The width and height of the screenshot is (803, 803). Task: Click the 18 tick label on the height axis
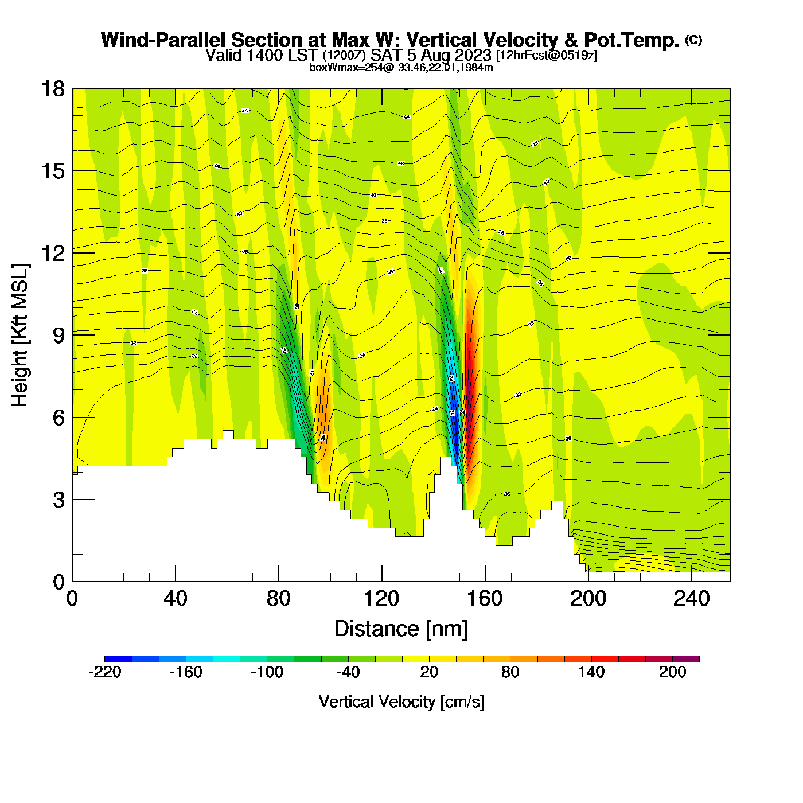(52, 89)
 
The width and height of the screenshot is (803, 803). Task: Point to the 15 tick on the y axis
(52, 171)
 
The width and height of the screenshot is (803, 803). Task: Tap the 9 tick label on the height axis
(59, 336)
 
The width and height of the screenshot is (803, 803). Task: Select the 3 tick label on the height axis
(59, 500)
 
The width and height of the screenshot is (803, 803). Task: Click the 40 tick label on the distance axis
(176, 599)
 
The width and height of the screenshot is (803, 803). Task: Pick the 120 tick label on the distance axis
(381, 599)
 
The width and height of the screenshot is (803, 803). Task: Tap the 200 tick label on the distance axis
(588, 599)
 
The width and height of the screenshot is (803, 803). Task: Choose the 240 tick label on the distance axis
(691, 599)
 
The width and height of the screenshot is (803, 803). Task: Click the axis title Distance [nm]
(401, 629)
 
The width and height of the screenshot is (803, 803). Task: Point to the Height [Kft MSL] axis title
(21, 336)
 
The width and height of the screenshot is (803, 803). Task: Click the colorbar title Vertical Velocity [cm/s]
(402, 701)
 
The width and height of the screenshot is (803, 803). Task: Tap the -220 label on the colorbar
(105, 672)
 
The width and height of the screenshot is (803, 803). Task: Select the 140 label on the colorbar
(591, 672)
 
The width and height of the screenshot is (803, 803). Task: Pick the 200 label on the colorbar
(672, 672)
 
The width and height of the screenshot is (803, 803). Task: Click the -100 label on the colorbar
(267, 672)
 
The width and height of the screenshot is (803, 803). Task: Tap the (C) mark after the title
(693, 40)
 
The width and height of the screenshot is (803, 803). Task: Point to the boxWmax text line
(401, 67)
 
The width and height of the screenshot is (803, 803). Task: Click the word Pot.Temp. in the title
(632, 40)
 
